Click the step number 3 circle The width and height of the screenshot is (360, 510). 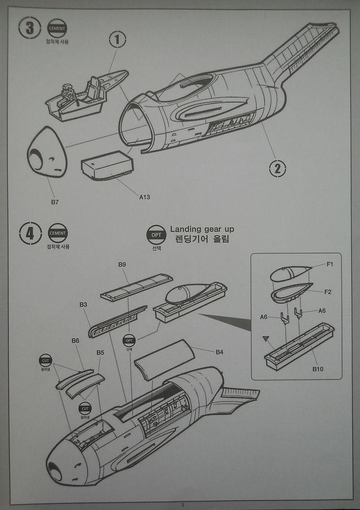[30, 28]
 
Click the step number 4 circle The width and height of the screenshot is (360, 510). [30, 233]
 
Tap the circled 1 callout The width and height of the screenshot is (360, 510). [118, 39]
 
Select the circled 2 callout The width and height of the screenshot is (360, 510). [277, 168]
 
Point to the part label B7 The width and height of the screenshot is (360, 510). [55, 201]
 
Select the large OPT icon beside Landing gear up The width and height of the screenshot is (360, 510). [156, 235]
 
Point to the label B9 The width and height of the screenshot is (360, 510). [122, 265]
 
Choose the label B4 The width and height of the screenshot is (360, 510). [220, 352]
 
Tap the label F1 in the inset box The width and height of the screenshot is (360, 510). [330, 264]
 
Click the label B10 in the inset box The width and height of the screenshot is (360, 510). [318, 369]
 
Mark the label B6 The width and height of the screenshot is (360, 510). [75, 341]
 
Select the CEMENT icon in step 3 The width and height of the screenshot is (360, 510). [57, 28]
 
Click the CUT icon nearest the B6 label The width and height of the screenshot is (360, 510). [46, 360]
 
